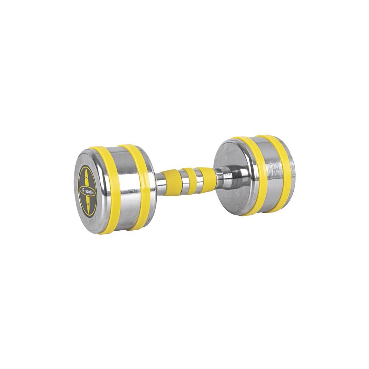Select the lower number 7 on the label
tap(87, 203)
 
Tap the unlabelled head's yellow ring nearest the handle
tap(251, 173)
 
